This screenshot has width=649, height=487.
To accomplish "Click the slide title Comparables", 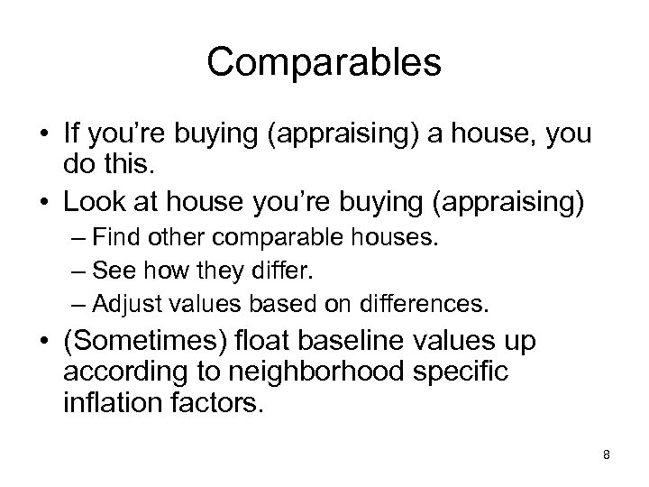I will (x=324, y=64).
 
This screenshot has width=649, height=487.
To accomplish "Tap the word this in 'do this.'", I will (x=125, y=164).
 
